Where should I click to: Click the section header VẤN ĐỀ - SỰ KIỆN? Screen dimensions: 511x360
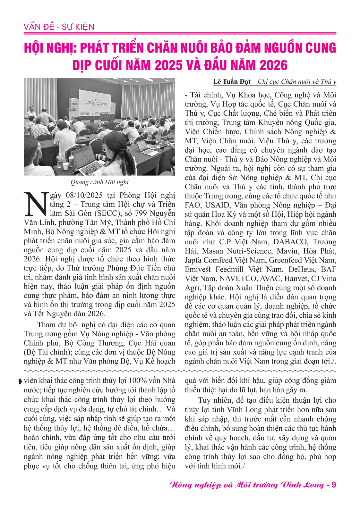59,27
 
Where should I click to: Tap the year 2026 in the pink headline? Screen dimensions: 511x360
273,65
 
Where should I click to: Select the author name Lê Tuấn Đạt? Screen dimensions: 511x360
232,81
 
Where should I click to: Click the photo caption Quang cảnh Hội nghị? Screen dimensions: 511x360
99,182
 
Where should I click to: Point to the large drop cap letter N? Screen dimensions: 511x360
36,204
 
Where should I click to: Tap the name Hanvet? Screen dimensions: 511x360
296,279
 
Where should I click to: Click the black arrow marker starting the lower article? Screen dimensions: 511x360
21,381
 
